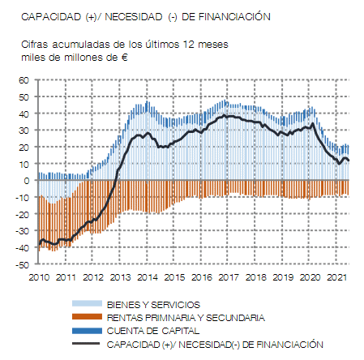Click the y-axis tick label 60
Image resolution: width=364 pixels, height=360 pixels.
click(x=24, y=80)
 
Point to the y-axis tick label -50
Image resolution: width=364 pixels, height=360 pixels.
click(x=22, y=265)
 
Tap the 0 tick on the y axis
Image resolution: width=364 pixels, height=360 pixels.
click(x=26, y=181)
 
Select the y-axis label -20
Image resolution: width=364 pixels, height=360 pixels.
click(x=22, y=215)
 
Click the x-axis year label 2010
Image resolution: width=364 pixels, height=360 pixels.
click(x=39, y=277)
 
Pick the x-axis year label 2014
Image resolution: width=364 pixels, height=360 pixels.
click(x=148, y=277)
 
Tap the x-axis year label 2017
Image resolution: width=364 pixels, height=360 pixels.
click(x=229, y=277)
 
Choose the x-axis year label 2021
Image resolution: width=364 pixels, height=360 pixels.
click(x=336, y=277)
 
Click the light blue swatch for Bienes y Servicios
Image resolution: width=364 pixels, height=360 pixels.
click(x=87, y=304)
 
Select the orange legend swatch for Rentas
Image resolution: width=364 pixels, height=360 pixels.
click(x=87, y=317)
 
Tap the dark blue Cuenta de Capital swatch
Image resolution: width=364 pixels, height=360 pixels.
click(x=87, y=331)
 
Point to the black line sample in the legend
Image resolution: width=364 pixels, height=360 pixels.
click(x=86, y=344)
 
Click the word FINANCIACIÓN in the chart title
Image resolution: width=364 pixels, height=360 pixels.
click(x=234, y=16)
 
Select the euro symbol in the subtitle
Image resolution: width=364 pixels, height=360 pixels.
click(x=124, y=58)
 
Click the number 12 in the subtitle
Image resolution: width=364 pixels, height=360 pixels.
click(x=189, y=45)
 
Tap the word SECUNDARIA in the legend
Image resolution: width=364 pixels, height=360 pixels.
click(x=235, y=318)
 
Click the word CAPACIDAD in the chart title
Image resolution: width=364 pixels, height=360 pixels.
click(x=51, y=17)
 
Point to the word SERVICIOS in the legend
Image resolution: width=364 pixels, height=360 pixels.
click(x=175, y=305)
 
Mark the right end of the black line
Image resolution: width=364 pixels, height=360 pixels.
click(x=349, y=161)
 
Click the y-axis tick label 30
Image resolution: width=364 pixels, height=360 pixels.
click(x=24, y=131)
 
